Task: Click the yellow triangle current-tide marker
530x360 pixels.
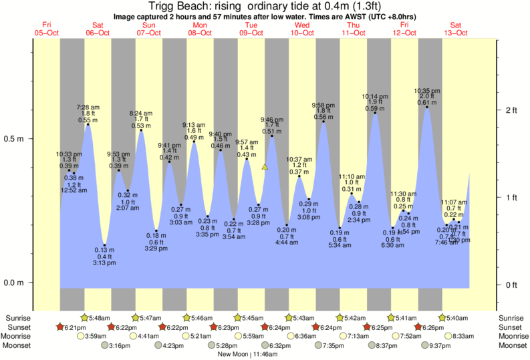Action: pyautogui.click(x=265, y=167)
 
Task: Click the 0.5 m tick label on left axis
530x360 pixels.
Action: pyautogui.click(x=15, y=139)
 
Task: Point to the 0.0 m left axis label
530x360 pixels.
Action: pyautogui.click(x=15, y=283)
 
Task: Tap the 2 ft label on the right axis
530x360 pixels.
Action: pyautogui.click(x=513, y=110)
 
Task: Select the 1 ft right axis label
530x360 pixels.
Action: pyautogui.click(x=513, y=197)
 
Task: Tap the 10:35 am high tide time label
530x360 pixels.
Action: pyautogui.click(x=426, y=90)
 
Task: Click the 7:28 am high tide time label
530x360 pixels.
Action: pyautogui.click(x=88, y=107)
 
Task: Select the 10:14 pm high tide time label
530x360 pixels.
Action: pyautogui.click(x=375, y=96)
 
